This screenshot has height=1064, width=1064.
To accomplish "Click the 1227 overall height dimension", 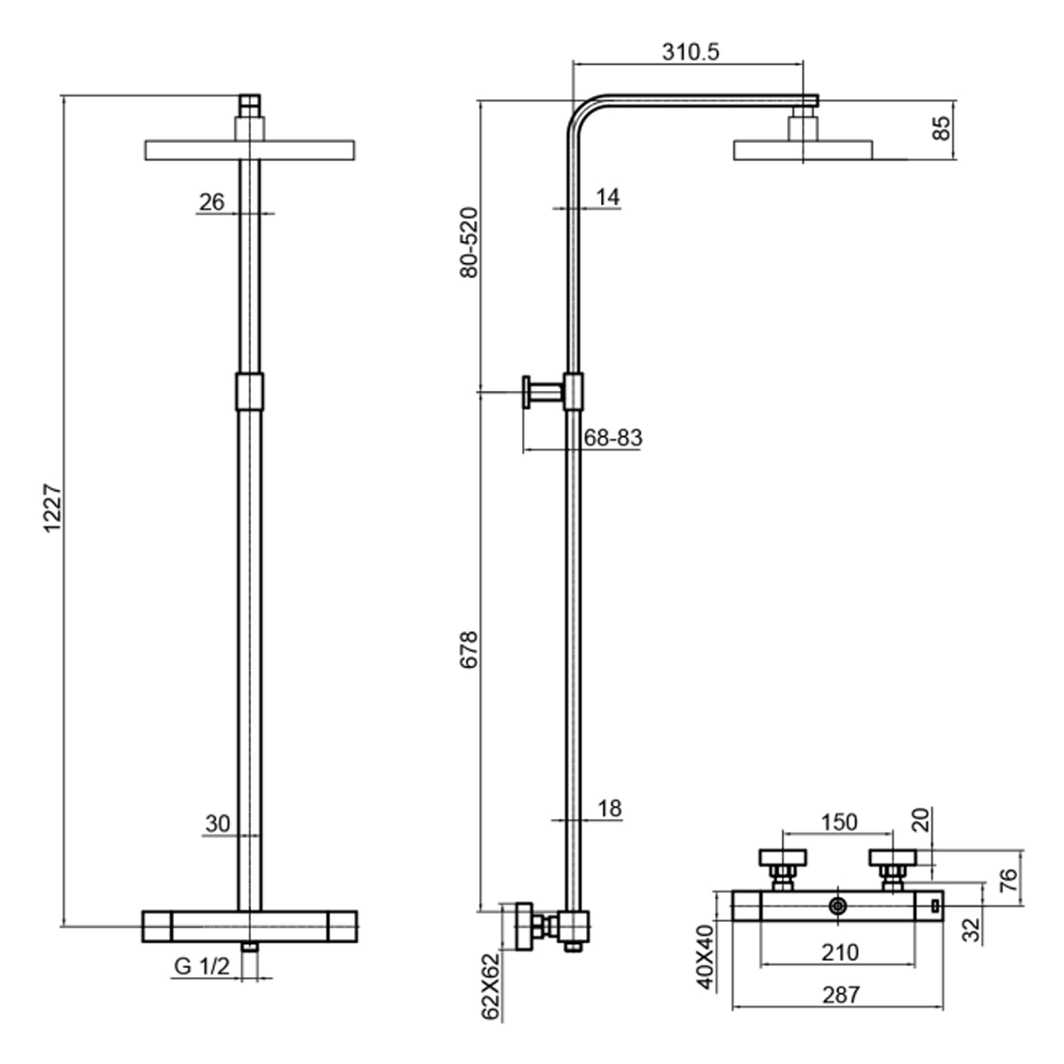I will [x=53, y=508].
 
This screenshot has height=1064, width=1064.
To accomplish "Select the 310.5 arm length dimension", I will [x=690, y=52].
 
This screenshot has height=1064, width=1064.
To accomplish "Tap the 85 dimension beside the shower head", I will [x=941, y=128].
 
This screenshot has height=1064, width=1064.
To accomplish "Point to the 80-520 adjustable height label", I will [x=469, y=242].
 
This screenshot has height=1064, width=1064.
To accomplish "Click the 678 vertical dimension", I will [x=469, y=649].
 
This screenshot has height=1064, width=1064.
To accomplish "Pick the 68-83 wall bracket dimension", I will [x=613, y=438].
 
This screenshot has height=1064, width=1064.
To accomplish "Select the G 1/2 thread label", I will [x=202, y=966].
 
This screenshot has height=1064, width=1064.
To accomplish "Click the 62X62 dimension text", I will [x=491, y=986].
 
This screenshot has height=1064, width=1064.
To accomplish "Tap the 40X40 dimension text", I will [x=706, y=956].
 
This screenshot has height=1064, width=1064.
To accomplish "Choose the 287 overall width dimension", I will [x=841, y=994].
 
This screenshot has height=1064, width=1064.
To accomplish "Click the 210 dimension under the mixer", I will [x=840, y=952].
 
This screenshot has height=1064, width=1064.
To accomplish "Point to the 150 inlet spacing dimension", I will [x=839, y=822].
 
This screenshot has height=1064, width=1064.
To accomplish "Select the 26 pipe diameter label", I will [x=211, y=202].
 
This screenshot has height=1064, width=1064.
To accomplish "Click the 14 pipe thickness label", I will [x=607, y=197].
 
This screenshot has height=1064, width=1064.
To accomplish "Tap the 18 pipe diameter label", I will [x=609, y=808].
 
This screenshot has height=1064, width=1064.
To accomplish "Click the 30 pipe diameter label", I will [x=218, y=824].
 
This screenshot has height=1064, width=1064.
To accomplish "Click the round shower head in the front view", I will [x=250, y=150].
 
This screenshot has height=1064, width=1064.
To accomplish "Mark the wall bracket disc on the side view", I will [x=527, y=392].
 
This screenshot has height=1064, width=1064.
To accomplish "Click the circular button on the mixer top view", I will [x=838, y=906].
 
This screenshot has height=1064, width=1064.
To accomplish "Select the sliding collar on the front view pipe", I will [x=249, y=392].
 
